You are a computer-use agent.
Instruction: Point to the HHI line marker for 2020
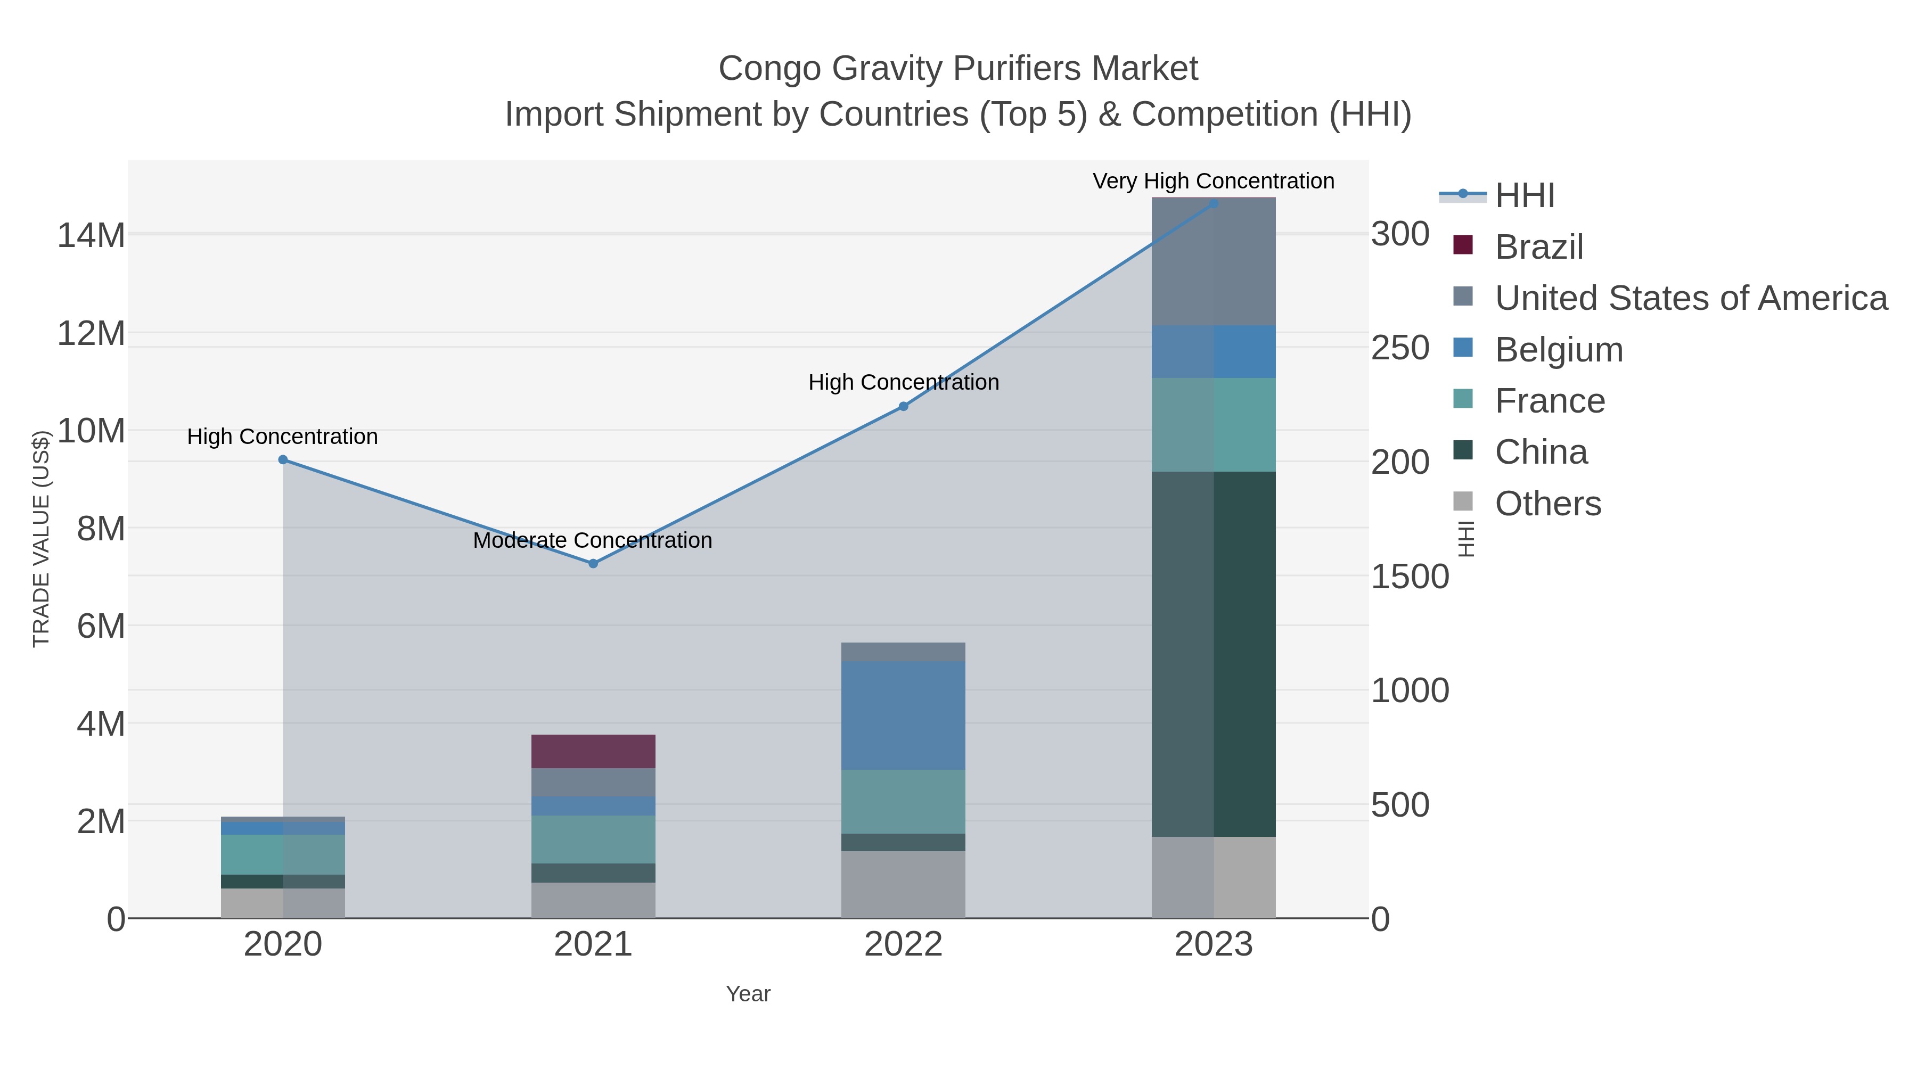click(x=283, y=460)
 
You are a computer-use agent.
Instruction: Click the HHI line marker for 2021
click(x=593, y=564)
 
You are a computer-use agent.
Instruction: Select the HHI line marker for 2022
click(x=904, y=406)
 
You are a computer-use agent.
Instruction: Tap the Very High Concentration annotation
click(x=1213, y=181)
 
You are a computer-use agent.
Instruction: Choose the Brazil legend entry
click(x=1538, y=246)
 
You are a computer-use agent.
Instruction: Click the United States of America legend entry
click(x=1690, y=298)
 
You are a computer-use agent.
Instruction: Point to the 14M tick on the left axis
click(x=91, y=235)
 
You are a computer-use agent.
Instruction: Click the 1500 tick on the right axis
click(x=1410, y=577)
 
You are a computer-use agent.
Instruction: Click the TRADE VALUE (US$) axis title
click(x=41, y=539)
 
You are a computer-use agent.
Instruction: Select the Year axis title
click(x=748, y=994)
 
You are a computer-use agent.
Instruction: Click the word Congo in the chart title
click(x=769, y=69)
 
